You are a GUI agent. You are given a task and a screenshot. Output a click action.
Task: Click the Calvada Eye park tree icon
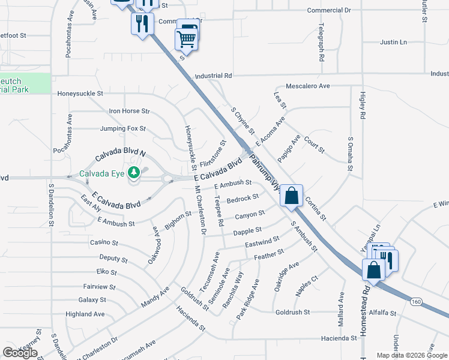[133, 173]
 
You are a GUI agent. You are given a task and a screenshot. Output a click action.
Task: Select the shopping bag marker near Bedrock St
[291, 196]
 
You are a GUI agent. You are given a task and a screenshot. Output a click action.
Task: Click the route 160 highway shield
[416, 301]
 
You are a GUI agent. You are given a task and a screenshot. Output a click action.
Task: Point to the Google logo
[20, 353]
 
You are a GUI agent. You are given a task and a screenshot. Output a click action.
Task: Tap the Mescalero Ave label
[308, 86]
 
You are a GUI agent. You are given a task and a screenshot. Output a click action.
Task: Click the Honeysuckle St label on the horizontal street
[80, 94]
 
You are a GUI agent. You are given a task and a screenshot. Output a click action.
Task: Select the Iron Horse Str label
[129, 111]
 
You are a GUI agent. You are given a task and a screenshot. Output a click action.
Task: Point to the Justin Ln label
[393, 43]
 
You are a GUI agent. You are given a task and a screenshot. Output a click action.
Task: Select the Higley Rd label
[363, 106]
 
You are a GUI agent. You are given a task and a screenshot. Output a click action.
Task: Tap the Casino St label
[101, 242]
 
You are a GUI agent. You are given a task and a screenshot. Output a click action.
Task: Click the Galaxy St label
[92, 299]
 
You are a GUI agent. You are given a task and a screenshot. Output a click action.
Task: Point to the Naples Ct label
[307, 286]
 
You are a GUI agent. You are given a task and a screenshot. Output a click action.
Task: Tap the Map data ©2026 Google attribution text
[411, 355]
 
